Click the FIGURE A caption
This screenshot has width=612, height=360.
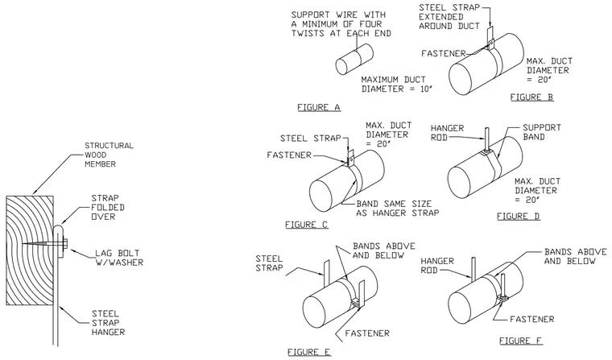coord(319,107)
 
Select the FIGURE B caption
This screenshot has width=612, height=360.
coord(531,97)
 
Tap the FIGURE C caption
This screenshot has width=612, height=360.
coord(306,225)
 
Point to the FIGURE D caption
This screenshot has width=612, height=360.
coord(519,216)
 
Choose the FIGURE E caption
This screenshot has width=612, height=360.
coord(309,352)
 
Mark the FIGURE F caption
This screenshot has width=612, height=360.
coord(521,341)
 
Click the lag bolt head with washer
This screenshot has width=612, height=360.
coord(64,244)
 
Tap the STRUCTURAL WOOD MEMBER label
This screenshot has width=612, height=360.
coord(109,155)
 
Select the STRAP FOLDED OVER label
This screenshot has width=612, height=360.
coord(108,207)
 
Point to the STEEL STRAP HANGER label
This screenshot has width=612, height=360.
coord(108,323)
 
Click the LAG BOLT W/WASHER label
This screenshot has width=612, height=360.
coord(119,258)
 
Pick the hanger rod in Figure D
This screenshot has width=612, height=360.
coord(486,139)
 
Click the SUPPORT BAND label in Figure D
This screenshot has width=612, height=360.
coord(542,132)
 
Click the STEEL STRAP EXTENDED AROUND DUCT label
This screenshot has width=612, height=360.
coord(449,17)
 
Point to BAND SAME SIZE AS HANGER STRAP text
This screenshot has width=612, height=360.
coord(397,208)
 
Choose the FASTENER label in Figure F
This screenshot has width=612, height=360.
coord(532,319)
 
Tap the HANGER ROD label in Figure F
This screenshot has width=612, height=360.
coord(437,265)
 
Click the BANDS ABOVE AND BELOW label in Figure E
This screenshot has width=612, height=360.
coord(383,250)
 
